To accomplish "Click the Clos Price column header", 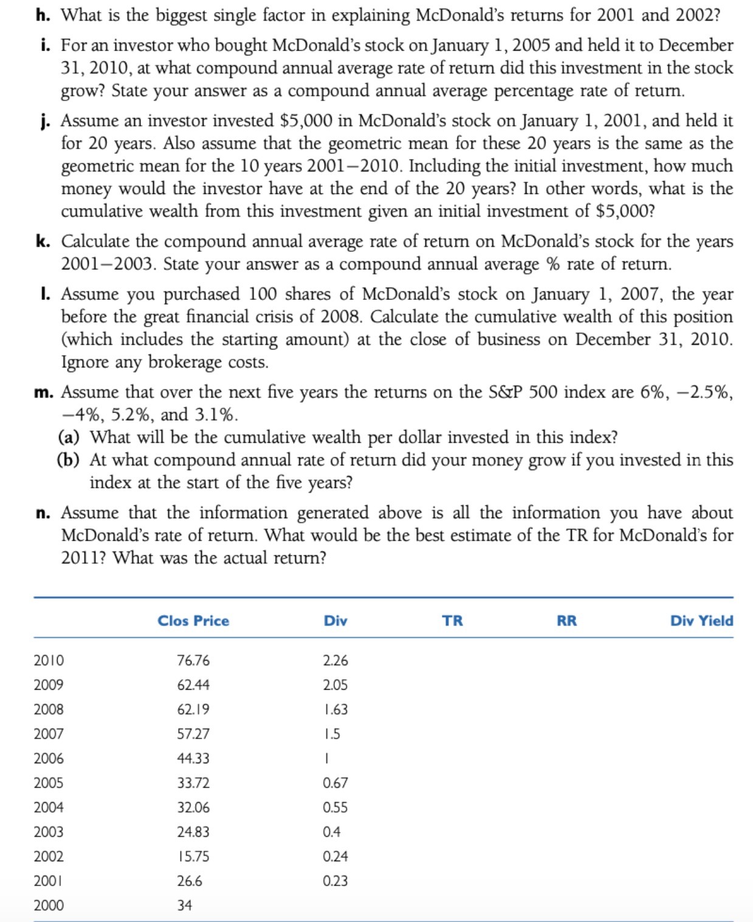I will pos(193,621).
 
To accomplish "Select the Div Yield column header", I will pos(701,621).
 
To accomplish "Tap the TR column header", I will pos(452,621).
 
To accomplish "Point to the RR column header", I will pos(566,621).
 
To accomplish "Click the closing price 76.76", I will pos(193,660).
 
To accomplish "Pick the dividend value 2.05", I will pos(335,685).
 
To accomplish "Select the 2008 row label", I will pos(49,709).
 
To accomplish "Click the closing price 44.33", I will pos(193,758).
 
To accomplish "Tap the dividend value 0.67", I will pos(335,783).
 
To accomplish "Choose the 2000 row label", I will pos(49,906).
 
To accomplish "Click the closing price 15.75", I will pos(193,856).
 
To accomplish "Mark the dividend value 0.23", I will pos(335,881).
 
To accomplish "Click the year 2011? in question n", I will pos(84,558).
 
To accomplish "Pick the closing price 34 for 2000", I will pos(184,906).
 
